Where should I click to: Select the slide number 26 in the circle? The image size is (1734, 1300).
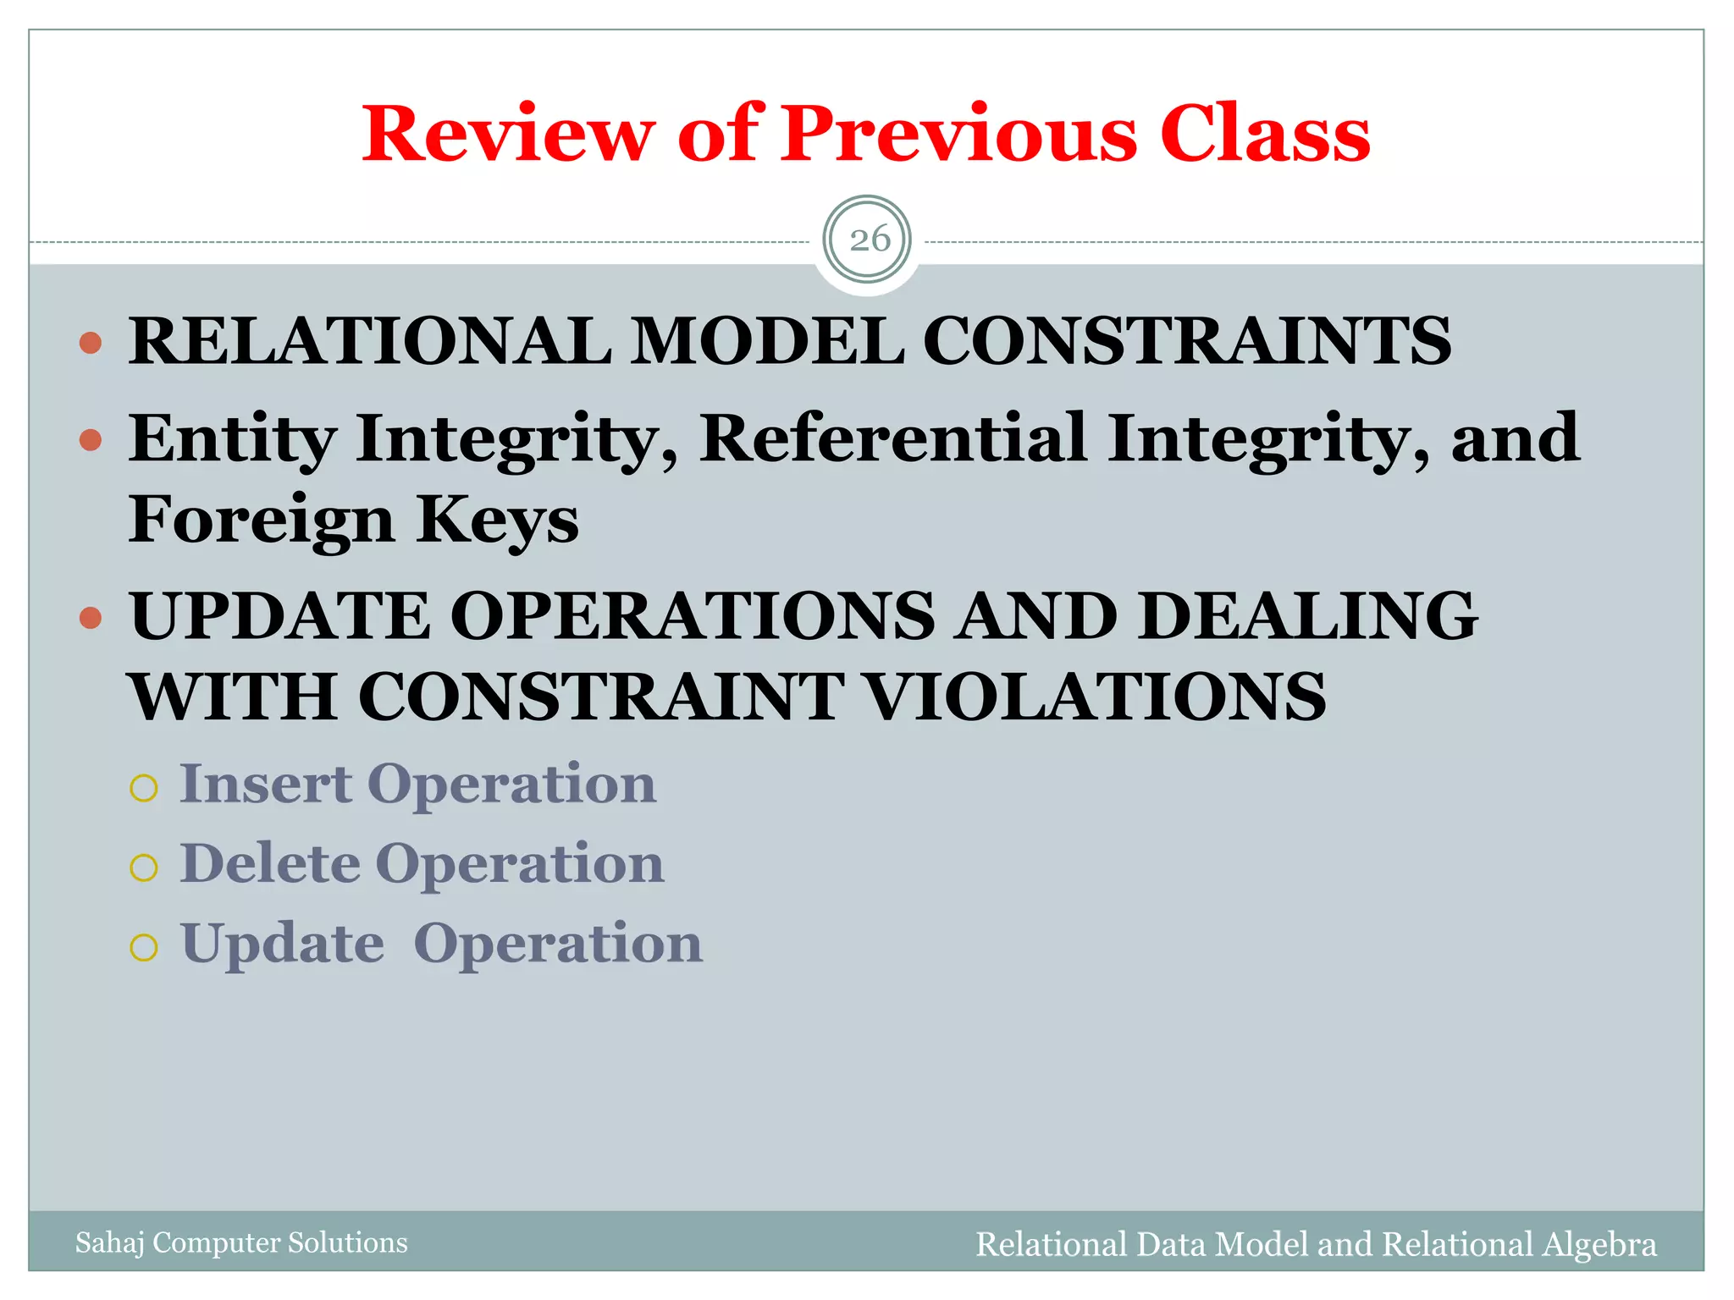tap(869, 240)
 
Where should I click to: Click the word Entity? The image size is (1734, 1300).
tap(232, 440)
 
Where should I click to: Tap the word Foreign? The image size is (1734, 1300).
tap(261, 520)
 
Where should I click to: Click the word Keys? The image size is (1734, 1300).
tap(498, 520)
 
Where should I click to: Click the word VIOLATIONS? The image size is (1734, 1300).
tap(1096, 697)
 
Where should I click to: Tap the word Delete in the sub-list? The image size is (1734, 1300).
tap(270, 863)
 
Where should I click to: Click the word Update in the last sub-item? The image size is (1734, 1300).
tap(283, 944)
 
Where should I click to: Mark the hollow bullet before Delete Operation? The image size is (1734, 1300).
tap(144, 868)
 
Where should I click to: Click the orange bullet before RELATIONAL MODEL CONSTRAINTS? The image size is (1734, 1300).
tap(91, 343)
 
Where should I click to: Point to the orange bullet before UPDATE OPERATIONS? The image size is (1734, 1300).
tap(91, 618)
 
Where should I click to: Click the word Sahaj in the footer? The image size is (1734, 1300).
tap(109, 1242)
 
